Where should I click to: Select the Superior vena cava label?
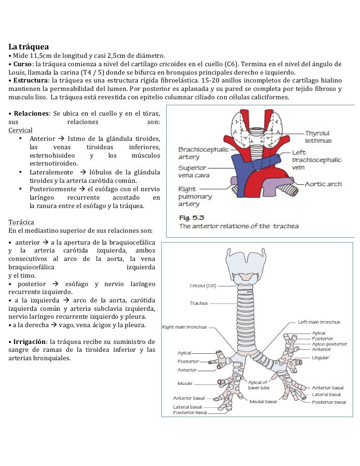coord(193,171)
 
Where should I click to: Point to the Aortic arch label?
coord(323,184)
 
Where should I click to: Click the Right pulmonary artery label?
coord(195,196)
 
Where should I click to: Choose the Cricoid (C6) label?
coord(205,286)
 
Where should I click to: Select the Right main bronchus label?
coord(184,327)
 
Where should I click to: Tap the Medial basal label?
coord(263,401)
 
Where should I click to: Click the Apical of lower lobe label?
coord(258,385)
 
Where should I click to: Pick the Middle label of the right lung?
coord(185,383)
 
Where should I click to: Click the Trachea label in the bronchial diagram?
coord(199,303)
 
